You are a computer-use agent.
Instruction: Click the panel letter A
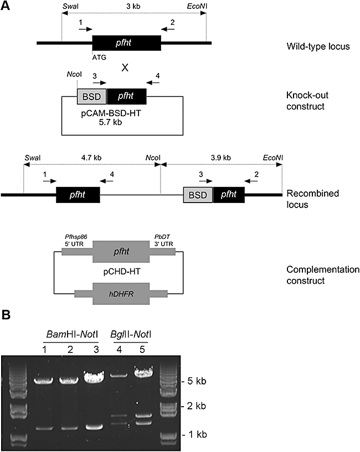[6, 6]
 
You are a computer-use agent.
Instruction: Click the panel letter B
[6, 315]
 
